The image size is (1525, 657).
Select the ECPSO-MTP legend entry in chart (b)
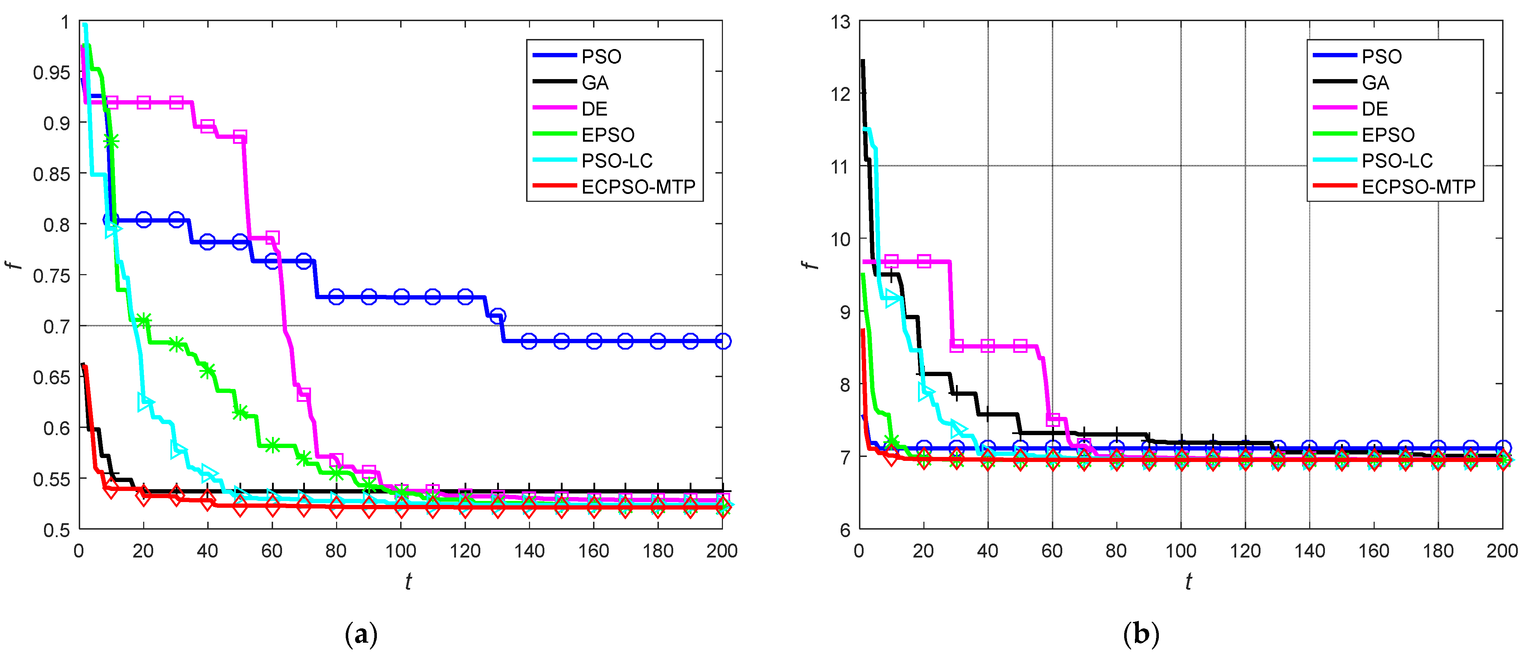coord(1418,187)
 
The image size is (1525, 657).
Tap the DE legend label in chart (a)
coord(594,109)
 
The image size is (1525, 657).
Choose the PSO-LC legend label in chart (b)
coord(1397,161)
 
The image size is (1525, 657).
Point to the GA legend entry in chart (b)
coord(1375,83)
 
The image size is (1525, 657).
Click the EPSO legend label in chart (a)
coord(607,135)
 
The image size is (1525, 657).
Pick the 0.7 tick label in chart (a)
coord(57,326)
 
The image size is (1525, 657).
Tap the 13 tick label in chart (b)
coord(840,23)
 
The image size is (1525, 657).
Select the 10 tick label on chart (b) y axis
coord(840,239)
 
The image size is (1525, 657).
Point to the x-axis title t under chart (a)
coord(408,582)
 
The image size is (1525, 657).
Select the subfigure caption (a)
coord(360,635)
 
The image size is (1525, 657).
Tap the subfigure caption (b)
coord(1140,635)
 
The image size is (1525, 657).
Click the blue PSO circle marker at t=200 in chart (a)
coord(722,341)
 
